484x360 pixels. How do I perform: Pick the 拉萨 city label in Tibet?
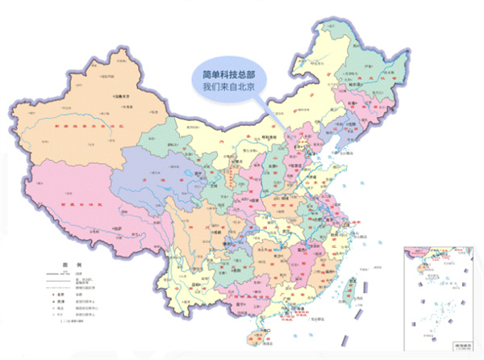[x=120, y=228]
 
